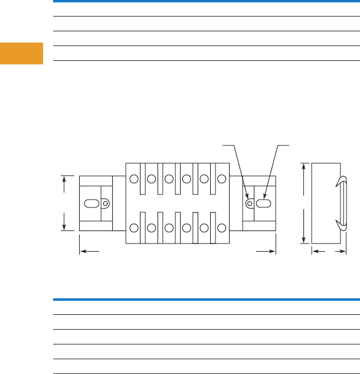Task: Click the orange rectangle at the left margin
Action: coord(21,53)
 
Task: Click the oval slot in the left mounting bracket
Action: coord(93,203)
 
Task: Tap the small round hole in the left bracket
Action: coord(106,203)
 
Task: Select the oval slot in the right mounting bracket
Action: coord(263,203)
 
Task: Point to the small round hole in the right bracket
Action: coord(250,203)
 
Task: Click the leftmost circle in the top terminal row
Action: coord(134,178)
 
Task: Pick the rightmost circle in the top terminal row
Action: coord(222,178)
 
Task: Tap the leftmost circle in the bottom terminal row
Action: coord(134,227)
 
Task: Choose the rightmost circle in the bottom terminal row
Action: coord(222,227)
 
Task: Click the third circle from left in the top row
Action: coord(169,178)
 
